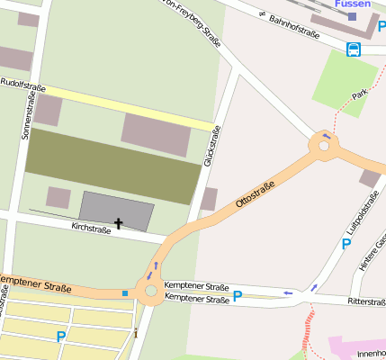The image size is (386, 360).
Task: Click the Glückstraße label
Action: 212,146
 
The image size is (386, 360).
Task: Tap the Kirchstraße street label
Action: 90,229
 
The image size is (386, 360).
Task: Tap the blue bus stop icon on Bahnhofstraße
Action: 354,49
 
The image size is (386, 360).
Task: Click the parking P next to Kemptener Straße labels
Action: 238,294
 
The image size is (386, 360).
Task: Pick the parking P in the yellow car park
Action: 61,337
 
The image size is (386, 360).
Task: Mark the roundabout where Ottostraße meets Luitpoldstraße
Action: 323,143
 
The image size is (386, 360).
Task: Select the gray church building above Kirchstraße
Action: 116,209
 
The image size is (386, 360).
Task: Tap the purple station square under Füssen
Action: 352,16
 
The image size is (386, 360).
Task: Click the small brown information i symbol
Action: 135,333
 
